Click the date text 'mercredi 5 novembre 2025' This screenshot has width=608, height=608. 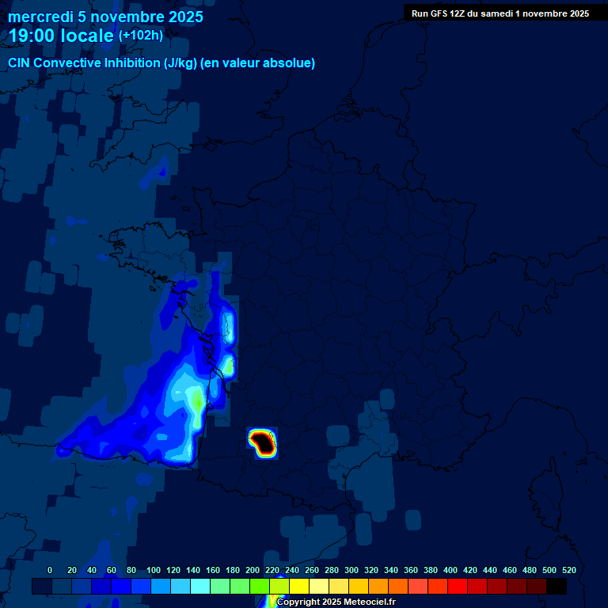pyautogui.click(x=105, y=17)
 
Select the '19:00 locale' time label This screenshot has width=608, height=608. pyautogui.click(x=62, y=36)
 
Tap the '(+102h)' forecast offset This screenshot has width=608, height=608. pyautogui.click(x=141, y=36)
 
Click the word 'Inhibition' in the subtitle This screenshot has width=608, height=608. pyautogui.click(x=131, y=63)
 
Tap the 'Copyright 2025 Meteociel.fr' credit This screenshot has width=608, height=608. pyautogui.click(x=336, y=602)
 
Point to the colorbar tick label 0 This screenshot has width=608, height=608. pyautogui.click(x=50, y=570)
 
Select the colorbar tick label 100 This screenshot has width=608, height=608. pyautogui.click(x=154, y=570)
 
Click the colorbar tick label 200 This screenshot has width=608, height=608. pyautogui.click(x=253, y=570)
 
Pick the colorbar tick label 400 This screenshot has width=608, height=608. pyautogui.click(x=450, y=570)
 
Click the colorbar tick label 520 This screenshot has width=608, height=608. pyautogui.click(x=568, y=570)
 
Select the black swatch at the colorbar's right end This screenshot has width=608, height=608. pyautogui.click(x=557, y=587)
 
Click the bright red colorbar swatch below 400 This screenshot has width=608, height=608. pyautogui.click(x=458, y=587)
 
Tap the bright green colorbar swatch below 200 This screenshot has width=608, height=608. pyautogui.click(x=260, y=587)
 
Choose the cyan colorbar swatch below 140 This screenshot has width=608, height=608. pyautogui.click(x=200, y=587)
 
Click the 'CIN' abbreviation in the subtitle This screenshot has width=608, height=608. pyautogui.click(x=19, y=63)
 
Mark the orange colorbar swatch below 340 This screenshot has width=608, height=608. pyautogui.click(x=398, y=587)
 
